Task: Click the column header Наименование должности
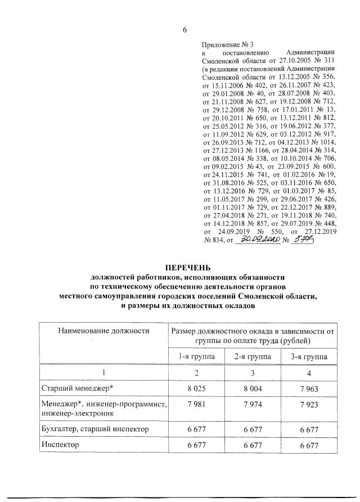click(103, 331)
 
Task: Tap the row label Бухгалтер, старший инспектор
click(94, 429)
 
